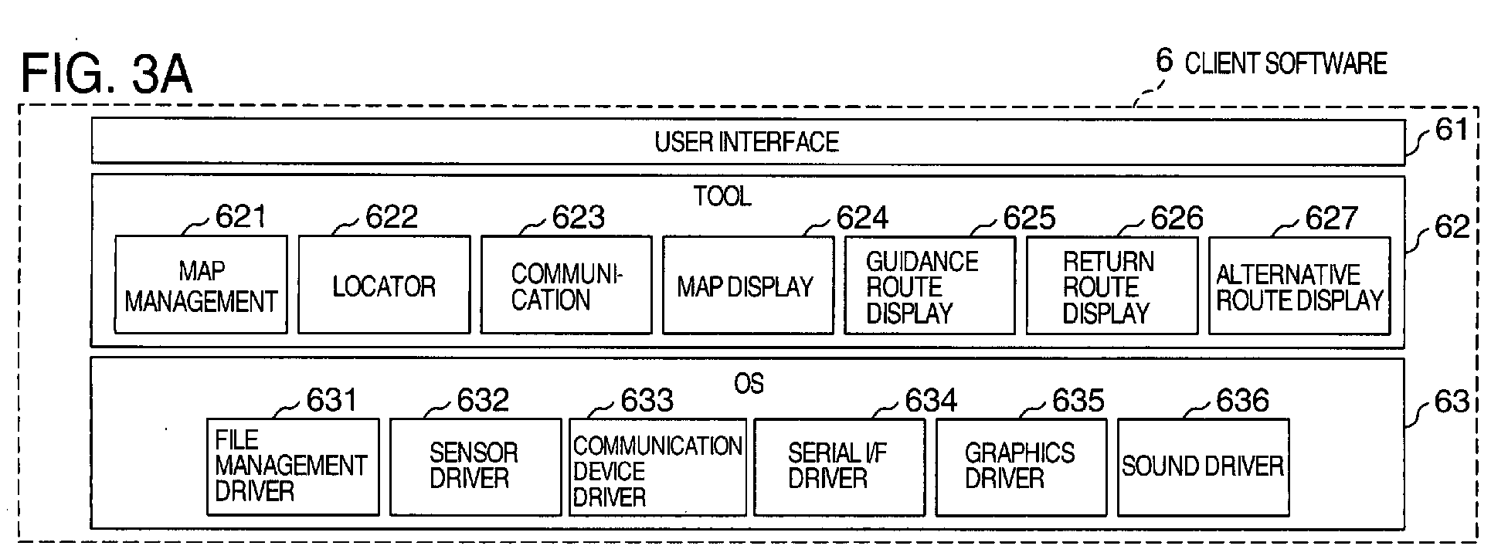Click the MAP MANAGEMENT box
[201, 285]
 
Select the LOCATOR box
[384, 285]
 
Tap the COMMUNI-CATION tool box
[566, 285]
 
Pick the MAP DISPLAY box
[748, 286]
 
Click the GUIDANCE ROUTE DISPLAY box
[929, 286]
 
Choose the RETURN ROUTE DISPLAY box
[1112, 286]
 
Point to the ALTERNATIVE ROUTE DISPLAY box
[1299, 286]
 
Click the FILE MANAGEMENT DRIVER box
[293, 466]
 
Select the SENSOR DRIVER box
[475, 466]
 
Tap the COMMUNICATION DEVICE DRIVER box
[657, 466]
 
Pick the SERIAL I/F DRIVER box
[839, 466]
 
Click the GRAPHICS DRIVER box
[1021, 466]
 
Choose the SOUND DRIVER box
[1203, 466]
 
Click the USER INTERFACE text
[746, 142]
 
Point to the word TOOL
[722, 196]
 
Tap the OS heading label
[749, 383]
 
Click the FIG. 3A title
[107, 74]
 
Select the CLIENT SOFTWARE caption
[1286, 63]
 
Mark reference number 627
[1331, 219]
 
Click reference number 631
[332, 400]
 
